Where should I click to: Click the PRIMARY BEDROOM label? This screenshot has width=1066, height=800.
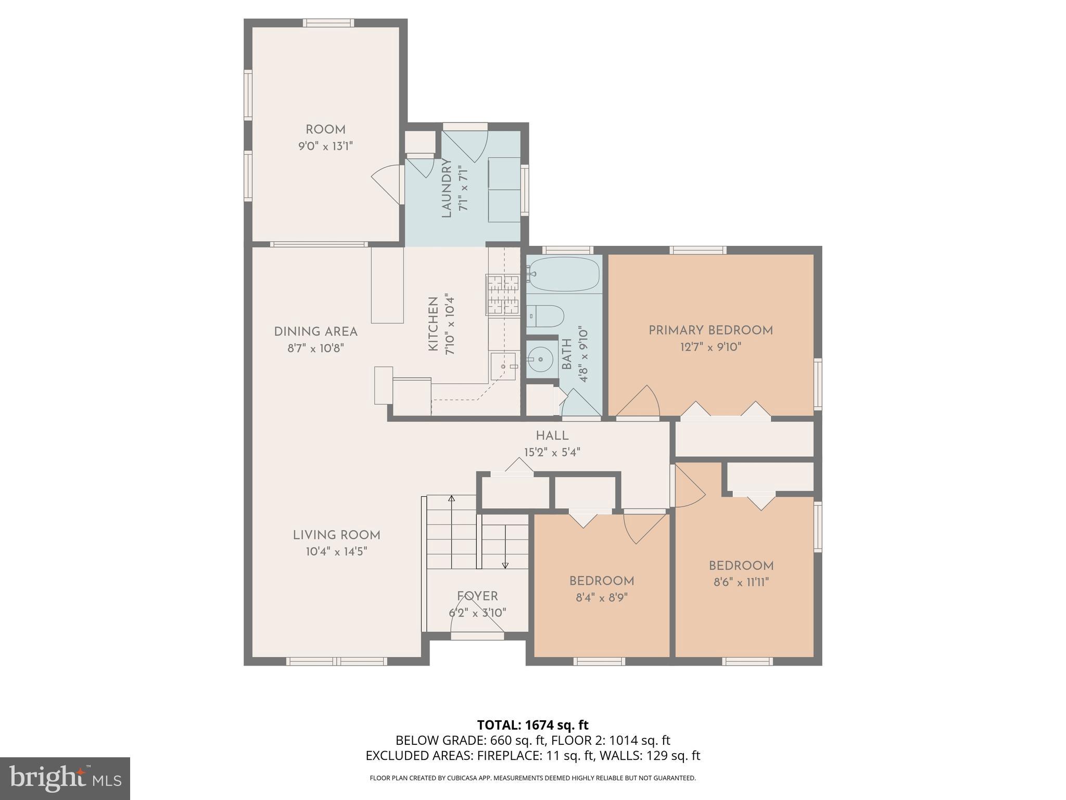tap(710, 330)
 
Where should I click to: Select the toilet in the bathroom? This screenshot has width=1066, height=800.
tap(547, 316)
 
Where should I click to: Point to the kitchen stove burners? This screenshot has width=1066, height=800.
tap(503, 295)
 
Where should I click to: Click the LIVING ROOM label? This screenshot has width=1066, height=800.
tap(336, 535)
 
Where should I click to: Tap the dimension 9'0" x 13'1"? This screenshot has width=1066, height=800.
tap(325, 146)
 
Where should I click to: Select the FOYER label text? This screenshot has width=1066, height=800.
tap(477, 596)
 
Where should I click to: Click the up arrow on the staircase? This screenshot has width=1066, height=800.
tap(451, 499)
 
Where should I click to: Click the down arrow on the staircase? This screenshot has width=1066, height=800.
tap(505, 565)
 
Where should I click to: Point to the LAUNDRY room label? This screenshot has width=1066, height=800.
tap(447, 189)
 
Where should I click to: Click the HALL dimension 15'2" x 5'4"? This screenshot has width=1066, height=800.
tap(552, 452)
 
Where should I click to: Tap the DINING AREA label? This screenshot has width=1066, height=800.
tap(315, 332)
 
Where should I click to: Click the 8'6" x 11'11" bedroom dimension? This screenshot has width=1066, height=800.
tap(741, 582)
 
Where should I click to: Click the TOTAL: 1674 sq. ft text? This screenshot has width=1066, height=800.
tap(532, 725)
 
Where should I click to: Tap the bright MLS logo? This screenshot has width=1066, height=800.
tap(65, 778)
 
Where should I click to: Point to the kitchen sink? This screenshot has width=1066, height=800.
tap(503, 366)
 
